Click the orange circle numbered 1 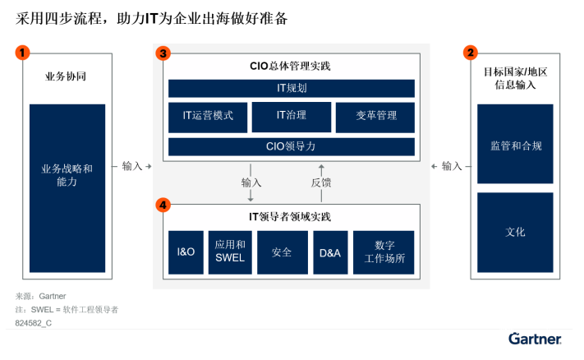23,53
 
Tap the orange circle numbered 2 470,53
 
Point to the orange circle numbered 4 163,204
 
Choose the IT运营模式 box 207,117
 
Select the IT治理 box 292,117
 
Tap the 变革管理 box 375,117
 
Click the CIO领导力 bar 292,147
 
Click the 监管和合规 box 515,145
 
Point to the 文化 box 515,233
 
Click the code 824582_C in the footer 34,325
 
